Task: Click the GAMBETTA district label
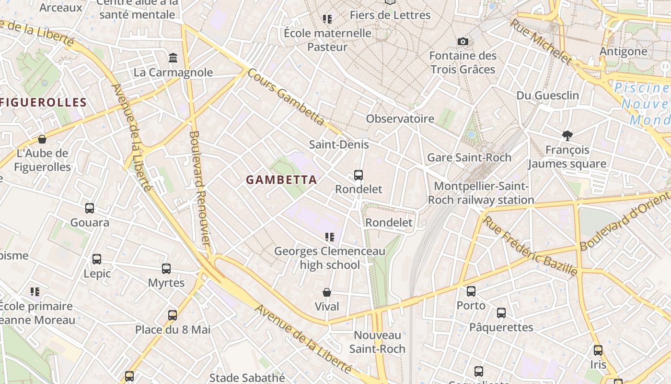281,180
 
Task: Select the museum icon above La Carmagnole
173,58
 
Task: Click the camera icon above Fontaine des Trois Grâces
463,41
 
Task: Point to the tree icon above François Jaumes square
567,136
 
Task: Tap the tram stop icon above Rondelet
359,175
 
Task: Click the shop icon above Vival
327,292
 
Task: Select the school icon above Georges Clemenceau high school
329,237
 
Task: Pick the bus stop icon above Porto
471,291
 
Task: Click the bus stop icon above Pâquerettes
501,313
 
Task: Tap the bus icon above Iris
598,350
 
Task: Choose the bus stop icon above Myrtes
166,269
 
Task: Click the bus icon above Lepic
97,259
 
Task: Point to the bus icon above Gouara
90,208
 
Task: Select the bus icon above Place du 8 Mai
173,315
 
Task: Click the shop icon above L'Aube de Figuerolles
42,139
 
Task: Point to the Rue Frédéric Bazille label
530,246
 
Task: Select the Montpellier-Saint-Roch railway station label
481,193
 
